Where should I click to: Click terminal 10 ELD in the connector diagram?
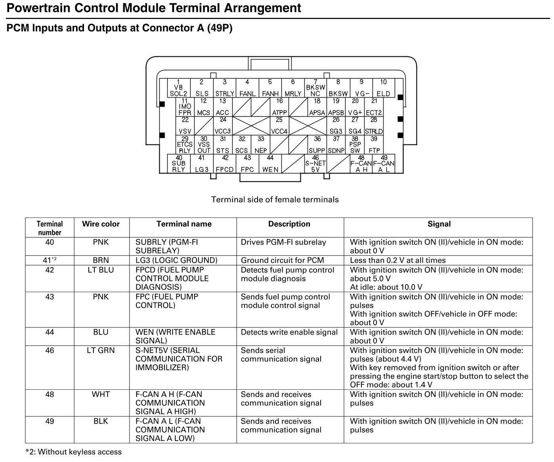[x=383, y=88]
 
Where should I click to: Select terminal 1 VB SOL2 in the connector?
[x=178, y=88]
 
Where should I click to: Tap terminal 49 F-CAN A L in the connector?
[x=384, y=164]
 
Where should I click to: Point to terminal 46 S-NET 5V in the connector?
[x=315, y=164]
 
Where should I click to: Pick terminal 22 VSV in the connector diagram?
[x=185, y=126]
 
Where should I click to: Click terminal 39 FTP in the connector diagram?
[x=374, y=145]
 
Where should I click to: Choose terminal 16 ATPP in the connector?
[x=279, y=107]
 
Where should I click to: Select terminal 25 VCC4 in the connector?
[x=279, y=126]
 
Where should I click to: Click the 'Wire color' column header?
[x=101, y=224]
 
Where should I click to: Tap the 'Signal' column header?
[x=439, y=224]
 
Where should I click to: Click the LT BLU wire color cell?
[x=101, y=270]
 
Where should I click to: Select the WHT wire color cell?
[x=101, y=394]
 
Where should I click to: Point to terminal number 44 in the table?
[x=50, y=332]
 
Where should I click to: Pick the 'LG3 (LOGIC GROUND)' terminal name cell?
[x=176, y=260]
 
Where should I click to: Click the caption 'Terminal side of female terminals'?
[x=275, y=199]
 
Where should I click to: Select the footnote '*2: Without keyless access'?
[x=74, y=452]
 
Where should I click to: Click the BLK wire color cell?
[x=101, y=421]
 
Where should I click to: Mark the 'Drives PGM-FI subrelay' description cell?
[x=283, y=242]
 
